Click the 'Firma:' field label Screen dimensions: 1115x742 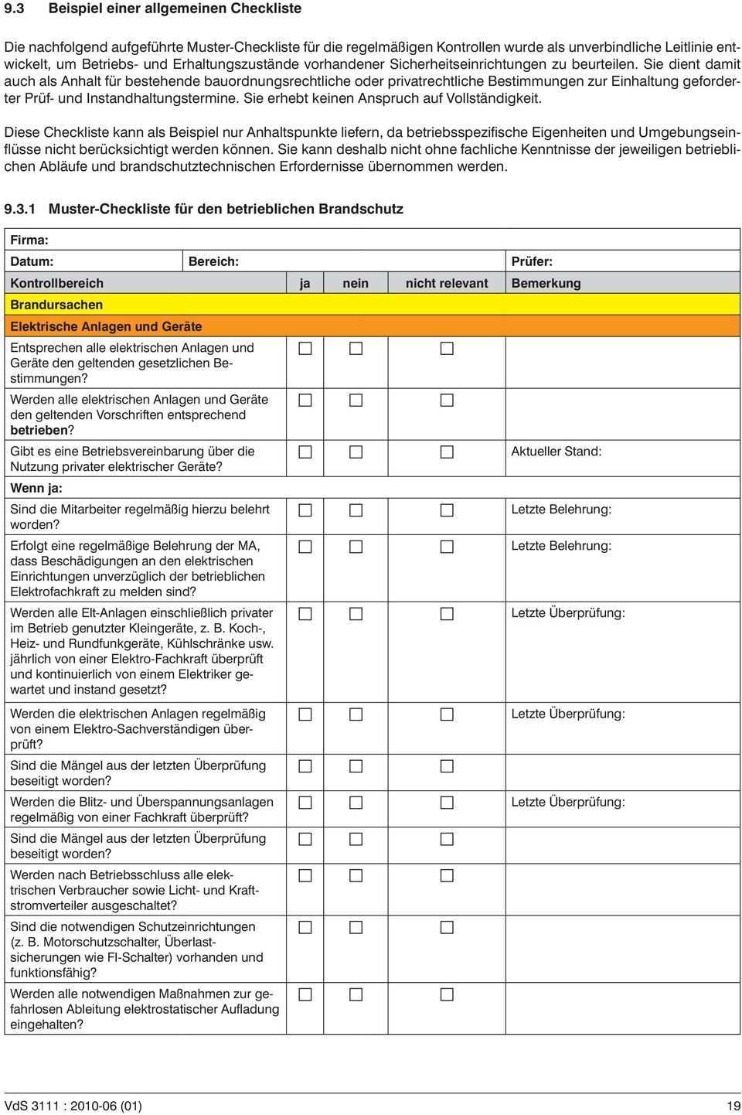[29, 240]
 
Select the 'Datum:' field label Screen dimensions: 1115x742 [32, 262]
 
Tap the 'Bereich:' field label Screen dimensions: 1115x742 [213, 262]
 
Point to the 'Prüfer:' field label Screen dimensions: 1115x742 [532, 262]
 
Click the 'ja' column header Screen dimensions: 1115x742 [305, 284]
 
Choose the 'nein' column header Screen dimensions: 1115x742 [356, 284]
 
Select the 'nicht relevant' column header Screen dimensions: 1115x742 [447, 284]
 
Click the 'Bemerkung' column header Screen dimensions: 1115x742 [546, 284]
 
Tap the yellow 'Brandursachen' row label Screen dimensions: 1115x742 [56, 305]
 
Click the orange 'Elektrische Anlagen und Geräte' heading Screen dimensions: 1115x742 [106, 327]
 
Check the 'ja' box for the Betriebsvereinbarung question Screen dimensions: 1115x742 [305, 452]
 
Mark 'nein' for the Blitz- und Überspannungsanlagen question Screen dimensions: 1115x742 [356, 803]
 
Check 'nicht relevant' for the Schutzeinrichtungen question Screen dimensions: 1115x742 [447, 927]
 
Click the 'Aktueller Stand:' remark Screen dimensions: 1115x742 [556, 452]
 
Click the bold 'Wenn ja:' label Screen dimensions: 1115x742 [36, 489]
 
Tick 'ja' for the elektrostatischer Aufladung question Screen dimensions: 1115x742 [305, 994]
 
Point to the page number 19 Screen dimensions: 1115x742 [733, 1106]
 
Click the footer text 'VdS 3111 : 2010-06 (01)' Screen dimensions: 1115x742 [73, 1106]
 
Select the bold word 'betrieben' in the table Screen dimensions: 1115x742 [39, 431]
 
